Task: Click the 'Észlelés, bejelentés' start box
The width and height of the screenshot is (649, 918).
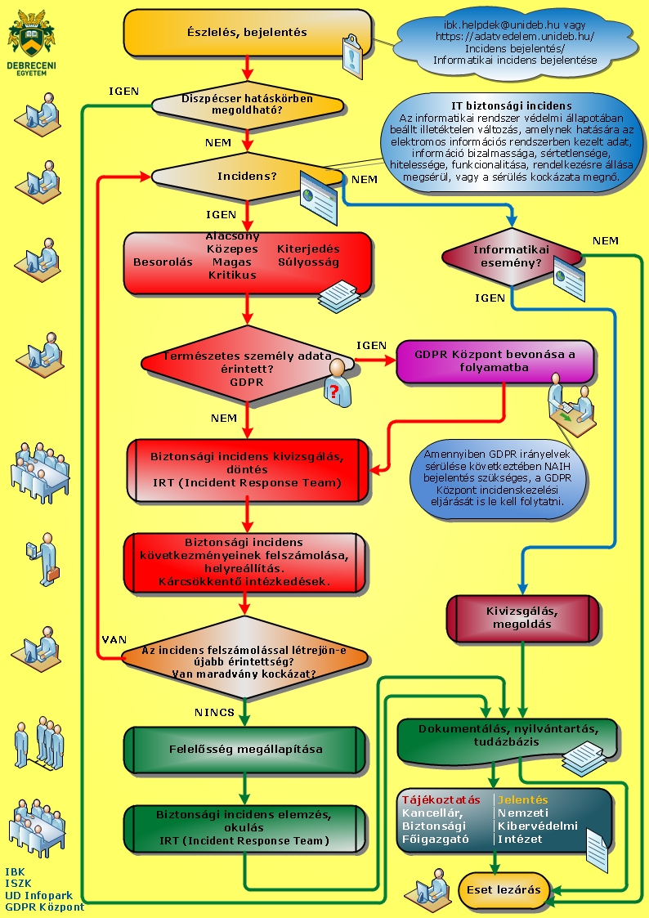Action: click(x=247, y=33)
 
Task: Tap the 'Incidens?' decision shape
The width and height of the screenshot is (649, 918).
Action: click(x=247, y=176)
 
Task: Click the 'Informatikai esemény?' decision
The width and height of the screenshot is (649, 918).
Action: click(x=512, y=257)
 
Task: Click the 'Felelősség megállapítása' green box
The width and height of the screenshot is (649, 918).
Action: click(x=246, y=749)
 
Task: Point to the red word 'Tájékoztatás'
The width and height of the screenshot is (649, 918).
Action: click(x=441, y=799)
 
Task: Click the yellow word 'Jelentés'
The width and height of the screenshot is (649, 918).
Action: click(x=523, y=799)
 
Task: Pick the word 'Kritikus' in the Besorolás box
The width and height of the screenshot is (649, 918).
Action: click(x=232, y=275)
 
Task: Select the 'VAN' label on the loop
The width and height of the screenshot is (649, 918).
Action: click(x=112, y=638)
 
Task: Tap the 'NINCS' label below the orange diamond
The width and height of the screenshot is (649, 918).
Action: click(x=214, y=712)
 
